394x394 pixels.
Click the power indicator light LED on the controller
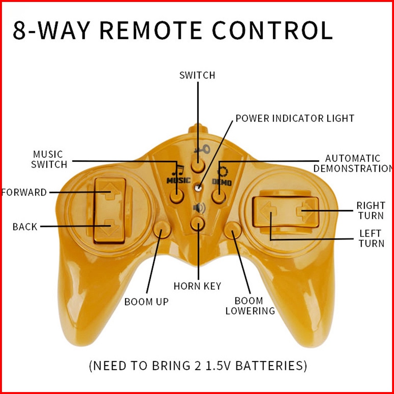[198, 187]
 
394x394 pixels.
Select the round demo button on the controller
[219, 196]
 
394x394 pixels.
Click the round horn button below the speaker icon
[198, 223]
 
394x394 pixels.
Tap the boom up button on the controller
[162, 230]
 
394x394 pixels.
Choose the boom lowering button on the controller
[233, 230]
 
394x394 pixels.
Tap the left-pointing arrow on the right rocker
[269, 211]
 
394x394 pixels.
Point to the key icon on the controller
[202, 150]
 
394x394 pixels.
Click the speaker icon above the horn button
[199, 208]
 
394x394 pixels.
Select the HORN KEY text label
[197, 286]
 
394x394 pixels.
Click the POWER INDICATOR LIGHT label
[295, 118]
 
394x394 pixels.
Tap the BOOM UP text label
[146, 302]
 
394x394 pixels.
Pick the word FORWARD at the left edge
[24, 193]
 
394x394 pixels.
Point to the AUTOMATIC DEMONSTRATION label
[353, 164]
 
